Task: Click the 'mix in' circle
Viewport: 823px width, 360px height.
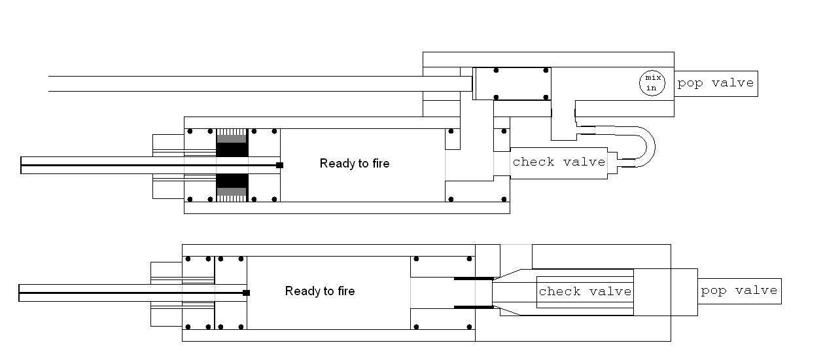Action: point(651,82)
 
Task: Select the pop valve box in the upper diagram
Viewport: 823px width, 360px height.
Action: point(716,84)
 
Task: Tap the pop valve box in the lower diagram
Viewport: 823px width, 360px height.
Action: point(739,291)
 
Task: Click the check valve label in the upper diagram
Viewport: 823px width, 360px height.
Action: point(559,162)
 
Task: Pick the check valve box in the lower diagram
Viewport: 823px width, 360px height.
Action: point(585,291)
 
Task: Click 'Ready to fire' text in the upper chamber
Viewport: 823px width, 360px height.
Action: point(355,164)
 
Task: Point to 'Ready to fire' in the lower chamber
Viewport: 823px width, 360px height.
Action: point(320,291)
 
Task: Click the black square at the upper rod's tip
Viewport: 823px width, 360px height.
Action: point(279,165)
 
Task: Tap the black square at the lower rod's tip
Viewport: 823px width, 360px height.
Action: point(246,293)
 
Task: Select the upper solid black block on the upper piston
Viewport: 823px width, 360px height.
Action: point(232,149)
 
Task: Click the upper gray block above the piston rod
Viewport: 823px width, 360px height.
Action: point(232,139)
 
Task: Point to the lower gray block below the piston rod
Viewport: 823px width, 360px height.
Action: point(232,192)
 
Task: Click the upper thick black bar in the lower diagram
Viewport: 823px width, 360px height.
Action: point(474,278)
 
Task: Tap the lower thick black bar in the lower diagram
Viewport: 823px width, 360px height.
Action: point(474,307)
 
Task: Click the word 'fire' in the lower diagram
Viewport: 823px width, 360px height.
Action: point(343,291)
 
